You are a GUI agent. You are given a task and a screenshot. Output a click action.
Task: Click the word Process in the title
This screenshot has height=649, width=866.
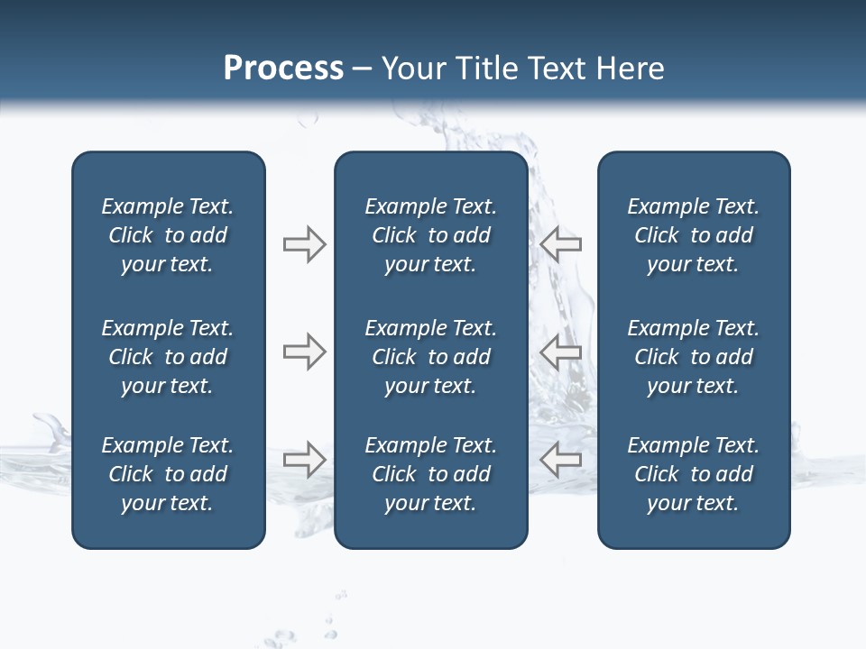click(x=283, y=69)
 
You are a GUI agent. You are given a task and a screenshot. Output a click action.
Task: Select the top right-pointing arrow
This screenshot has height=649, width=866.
click(x=304, y=244)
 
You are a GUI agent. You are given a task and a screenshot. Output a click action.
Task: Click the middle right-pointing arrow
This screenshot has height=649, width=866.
click(x=304, y=352)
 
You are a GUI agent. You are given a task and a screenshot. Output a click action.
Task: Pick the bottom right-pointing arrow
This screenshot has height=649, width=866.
click(x=304, y=460)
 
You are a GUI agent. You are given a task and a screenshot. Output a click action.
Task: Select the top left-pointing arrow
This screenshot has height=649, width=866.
click(x=560, y=244)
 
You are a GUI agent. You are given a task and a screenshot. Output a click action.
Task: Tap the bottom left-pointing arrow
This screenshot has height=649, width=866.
click(x=560, y=460)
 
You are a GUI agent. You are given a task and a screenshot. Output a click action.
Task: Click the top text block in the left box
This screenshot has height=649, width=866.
click(x=168, y=235)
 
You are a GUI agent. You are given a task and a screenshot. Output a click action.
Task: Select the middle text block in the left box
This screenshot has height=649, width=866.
click(x=168, y=357)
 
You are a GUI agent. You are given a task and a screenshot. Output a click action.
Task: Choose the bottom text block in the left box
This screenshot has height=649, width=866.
click(x=168, y=474)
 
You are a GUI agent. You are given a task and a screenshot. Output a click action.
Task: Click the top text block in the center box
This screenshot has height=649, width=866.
click(x=430, y=235)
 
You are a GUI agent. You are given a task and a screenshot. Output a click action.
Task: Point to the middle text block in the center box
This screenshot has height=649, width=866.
click(x=430, y=357)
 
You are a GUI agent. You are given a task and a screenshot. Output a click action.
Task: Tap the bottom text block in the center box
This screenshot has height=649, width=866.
click(x=430, y=474)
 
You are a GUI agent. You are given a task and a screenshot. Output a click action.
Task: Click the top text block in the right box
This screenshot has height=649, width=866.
click(x=693, y=235)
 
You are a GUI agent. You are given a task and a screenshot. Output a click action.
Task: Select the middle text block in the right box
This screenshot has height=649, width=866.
click(x=693, y=357)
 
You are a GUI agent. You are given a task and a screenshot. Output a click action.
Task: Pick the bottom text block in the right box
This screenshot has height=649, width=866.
click(x=693, y=474)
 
